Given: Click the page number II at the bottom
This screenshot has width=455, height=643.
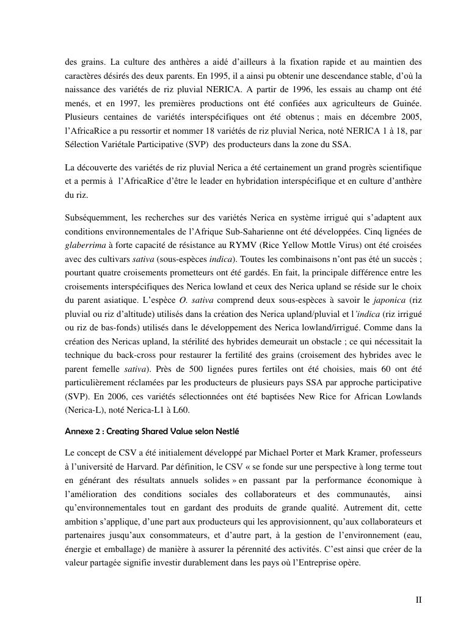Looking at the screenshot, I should pyautogui.click(x=418, y=600).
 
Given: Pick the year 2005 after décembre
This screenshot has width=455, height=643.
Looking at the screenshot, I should pyautogui.click(x=409, y=116).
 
